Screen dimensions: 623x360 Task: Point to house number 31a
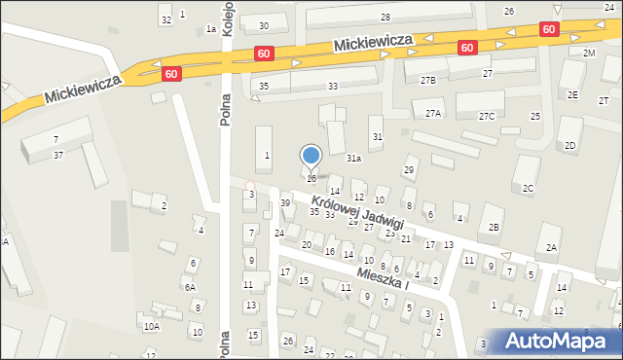(354, 158)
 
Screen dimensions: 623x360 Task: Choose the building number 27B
(428, 80)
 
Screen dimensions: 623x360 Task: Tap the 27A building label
(433, 114)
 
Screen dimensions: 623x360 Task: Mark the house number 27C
(487, 117)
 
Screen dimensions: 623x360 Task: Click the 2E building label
(573, 94)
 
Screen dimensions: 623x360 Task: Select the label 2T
(604, 101)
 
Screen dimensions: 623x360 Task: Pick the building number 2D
(569, 146)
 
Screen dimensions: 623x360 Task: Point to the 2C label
(528, 188)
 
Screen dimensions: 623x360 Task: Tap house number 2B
(494, 227)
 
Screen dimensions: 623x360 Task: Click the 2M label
(589, 53)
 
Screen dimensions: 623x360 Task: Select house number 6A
(191, 287)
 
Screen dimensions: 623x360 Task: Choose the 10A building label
(151, 327)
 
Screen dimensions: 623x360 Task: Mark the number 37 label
(58, 155)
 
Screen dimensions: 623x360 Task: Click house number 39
(285, 202)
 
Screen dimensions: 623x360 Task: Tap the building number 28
(385, 18)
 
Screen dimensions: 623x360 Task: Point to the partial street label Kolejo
(227, 18)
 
